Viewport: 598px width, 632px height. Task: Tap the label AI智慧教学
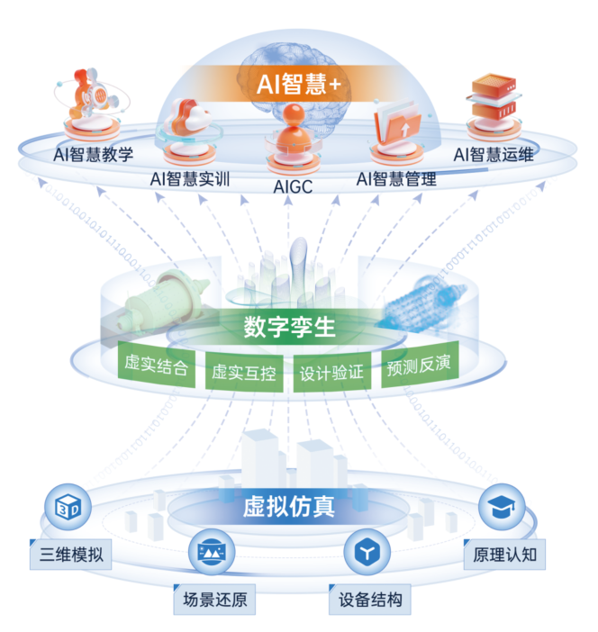coord(94,153)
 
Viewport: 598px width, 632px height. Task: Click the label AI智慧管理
coord(396,177)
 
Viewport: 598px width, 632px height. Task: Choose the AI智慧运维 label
coord(494,153)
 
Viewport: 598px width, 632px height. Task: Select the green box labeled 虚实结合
coord(157,366)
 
